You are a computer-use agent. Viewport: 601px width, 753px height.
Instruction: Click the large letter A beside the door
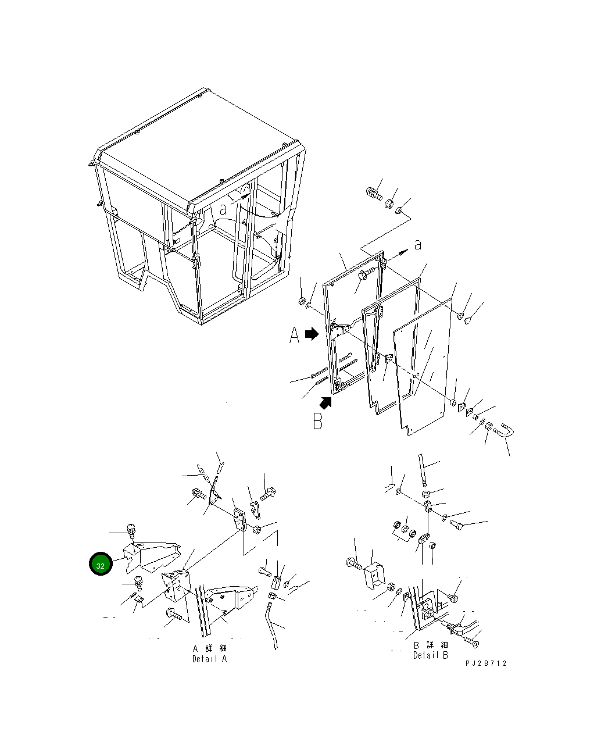(x=294, y=335)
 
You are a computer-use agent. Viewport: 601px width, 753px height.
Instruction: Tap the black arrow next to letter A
(x=312, y=333)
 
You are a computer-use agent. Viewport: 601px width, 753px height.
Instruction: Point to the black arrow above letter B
(x=325, y=403)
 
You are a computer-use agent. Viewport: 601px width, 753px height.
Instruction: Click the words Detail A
(x=210, y=659)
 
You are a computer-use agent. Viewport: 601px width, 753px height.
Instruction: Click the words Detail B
(x=430, y=655)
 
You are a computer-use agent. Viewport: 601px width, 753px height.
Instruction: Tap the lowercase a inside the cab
(x=223, y=209)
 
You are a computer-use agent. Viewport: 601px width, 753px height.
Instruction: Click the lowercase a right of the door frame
(x=418, y=245)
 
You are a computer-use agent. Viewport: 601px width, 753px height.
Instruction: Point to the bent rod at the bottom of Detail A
(x=271, y=625)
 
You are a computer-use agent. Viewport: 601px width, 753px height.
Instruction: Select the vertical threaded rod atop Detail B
(x=422, y=470)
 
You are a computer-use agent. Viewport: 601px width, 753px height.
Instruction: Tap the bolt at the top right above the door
(x=374, y=194)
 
